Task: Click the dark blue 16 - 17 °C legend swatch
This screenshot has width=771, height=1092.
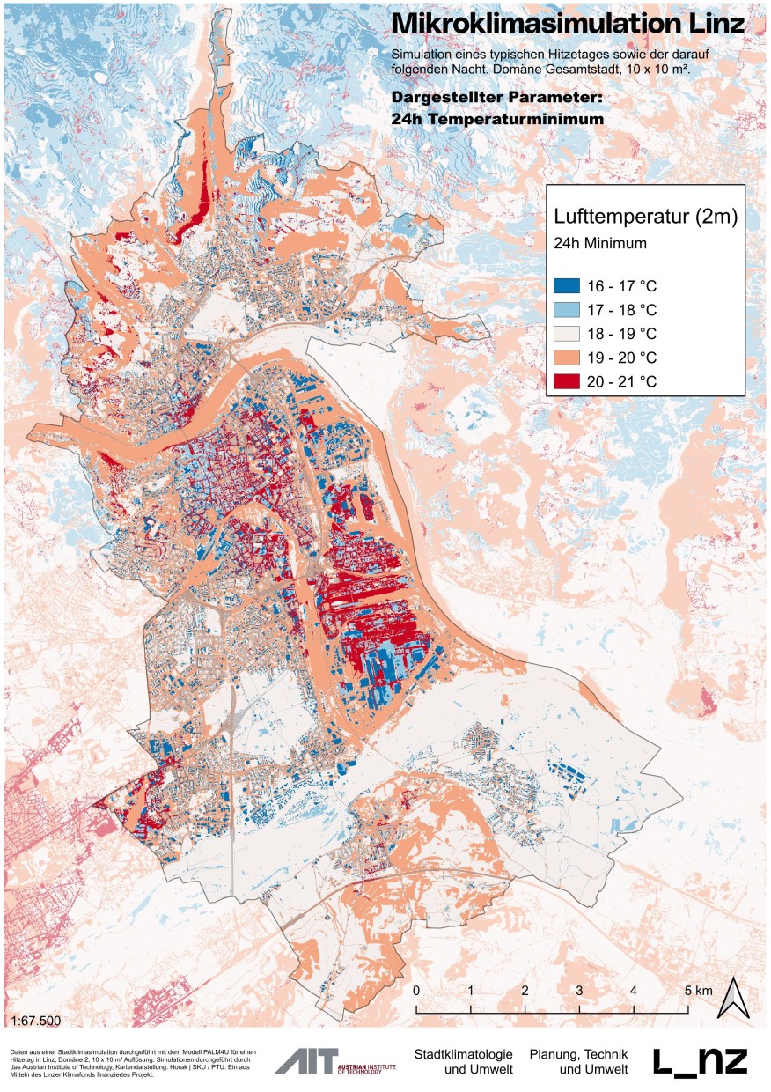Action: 568,286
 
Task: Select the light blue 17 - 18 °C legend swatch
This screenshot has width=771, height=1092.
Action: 568,310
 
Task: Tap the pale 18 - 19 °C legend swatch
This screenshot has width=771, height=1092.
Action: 568,334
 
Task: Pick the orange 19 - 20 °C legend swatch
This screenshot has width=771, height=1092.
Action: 568,358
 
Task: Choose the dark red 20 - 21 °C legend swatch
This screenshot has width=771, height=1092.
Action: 568,381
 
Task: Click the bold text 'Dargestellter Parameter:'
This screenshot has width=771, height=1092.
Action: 497,98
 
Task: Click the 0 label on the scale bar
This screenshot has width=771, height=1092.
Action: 415,991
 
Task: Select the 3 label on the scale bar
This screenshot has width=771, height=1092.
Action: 579,991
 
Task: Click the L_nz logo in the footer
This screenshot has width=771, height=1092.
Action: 701,1061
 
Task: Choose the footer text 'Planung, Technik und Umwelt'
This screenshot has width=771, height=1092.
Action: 579,1061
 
